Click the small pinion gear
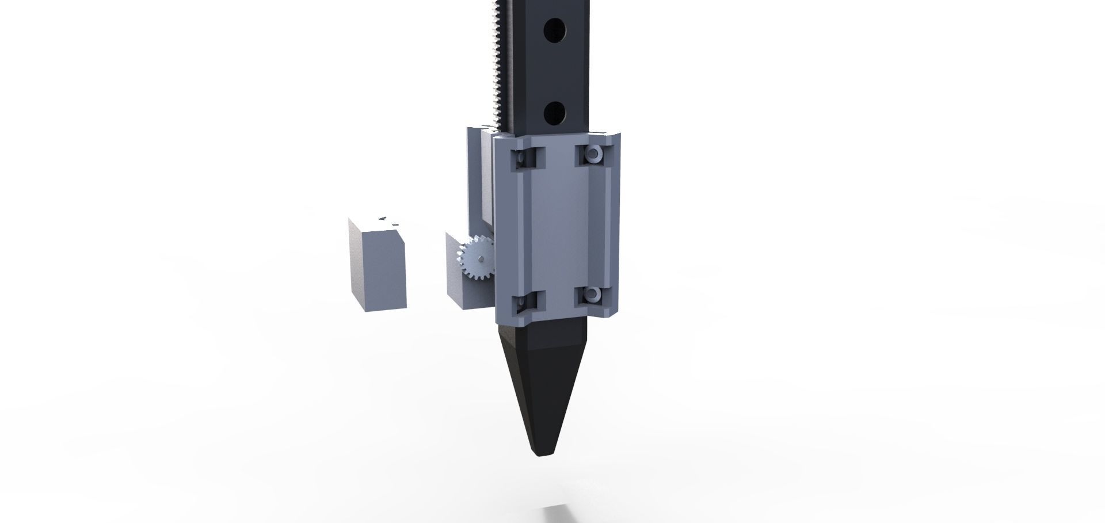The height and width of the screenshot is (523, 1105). click(475, 259)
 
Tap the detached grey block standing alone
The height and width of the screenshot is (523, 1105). click(378, 270)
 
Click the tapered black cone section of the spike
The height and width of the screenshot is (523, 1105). click(541, 391)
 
